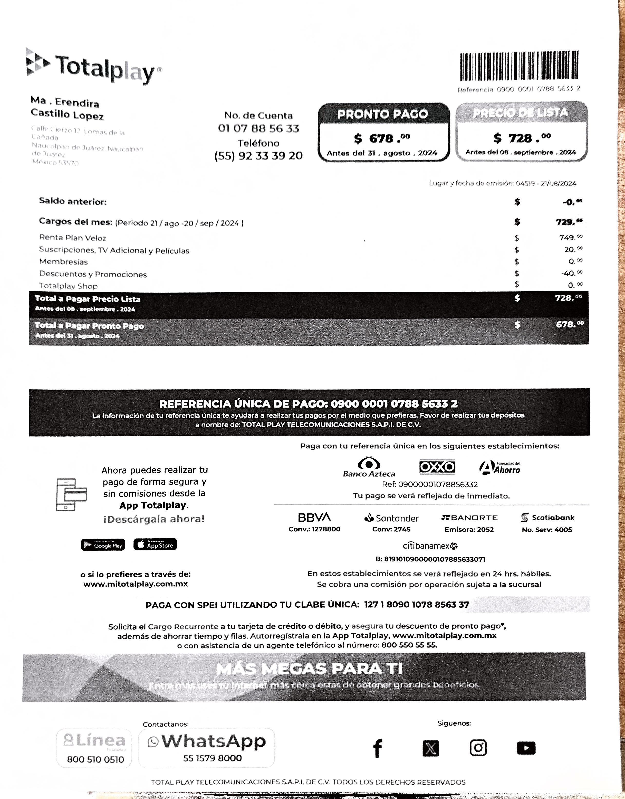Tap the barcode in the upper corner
click(519, 66)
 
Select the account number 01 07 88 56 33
click(258, 128)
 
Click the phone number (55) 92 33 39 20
click(258, 156)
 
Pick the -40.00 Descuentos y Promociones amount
click(571, 274)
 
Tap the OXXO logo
click(437, 467)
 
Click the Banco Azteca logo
click(369, 467)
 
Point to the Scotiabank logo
click(547, 518)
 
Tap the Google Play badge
click(103, 545)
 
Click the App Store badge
click(155, 544)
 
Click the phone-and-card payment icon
click(71, 494)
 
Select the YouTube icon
click(526, 748)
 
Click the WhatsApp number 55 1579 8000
click(212, 758)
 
